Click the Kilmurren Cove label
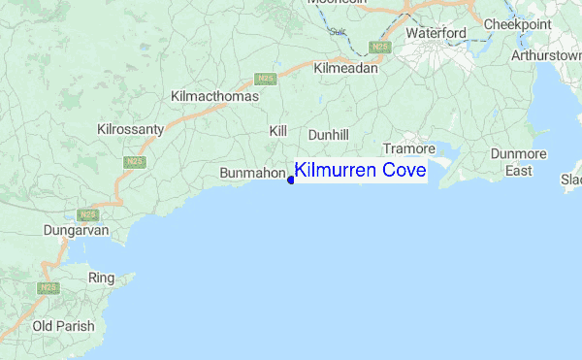(x=360, y=172)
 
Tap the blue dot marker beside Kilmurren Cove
(x=291, y=180)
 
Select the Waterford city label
(x=436, y=33)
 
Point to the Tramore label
(x=408, y=148)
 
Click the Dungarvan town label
(x=74, y=231)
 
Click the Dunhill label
(x=328, y=135)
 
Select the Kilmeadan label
(x=345, y=69)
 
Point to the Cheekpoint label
(x=517, y=23)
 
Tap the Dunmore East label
(x=519, y=162)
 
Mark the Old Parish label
(x=63, y=326)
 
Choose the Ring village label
(x=102, y=278)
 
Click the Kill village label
(x=278, y=129)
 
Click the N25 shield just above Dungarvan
(x=89, y=214)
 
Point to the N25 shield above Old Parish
(x=47, y=288)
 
